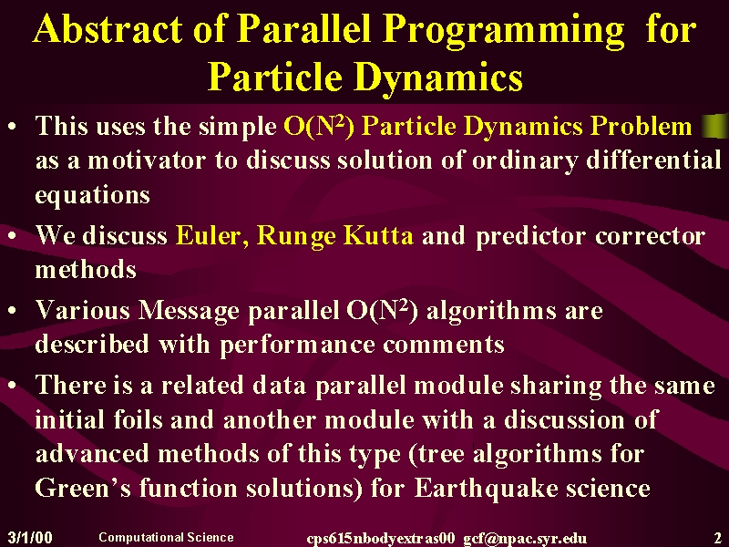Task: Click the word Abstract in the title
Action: pos(108,28)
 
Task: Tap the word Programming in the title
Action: pos(504,31)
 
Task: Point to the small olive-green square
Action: pos(715,126)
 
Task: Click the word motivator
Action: pos(147,160)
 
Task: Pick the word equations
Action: pos(93,195)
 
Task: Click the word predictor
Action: pos(530,236)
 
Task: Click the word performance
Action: pos(297,346)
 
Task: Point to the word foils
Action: pos(139,419)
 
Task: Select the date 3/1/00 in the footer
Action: pos(30,537)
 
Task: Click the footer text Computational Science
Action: pos(166,537)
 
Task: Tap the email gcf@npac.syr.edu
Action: pos(525,539)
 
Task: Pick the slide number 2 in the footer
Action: pos(717,537)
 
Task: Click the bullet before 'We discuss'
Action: pos(13,236)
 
